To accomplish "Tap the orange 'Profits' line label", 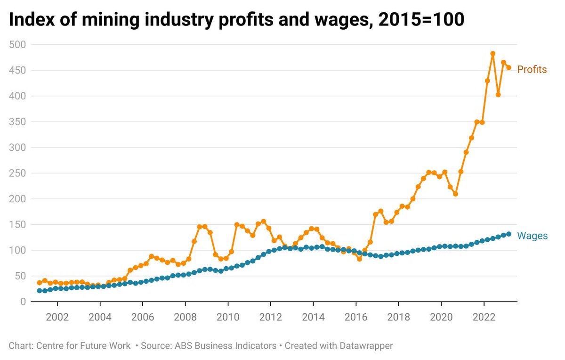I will coord(532,70).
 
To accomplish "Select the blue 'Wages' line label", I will coord(532,236).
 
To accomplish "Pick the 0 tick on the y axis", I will coord(23,302).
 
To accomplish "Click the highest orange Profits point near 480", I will coord(493,54).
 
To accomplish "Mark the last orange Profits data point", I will coord(509,67).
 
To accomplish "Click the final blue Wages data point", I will coord(509,234).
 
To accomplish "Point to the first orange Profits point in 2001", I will coord(40,283).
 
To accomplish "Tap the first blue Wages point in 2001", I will coord(40,291).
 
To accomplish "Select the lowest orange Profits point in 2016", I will coord(359,259).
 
